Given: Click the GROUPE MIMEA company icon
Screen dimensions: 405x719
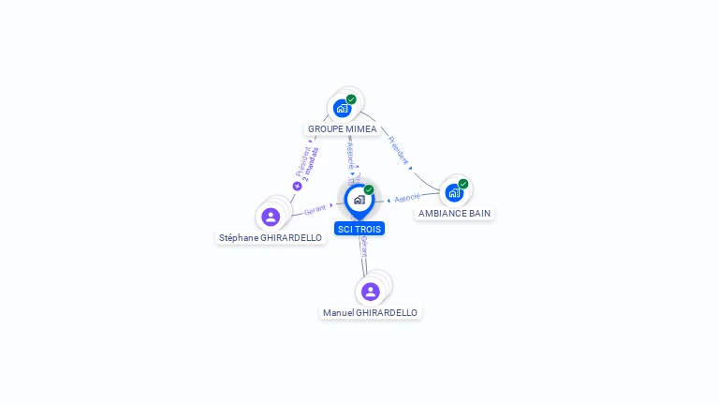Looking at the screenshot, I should tap(343, 108).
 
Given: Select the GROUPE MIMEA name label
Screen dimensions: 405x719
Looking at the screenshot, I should tap(342, 129).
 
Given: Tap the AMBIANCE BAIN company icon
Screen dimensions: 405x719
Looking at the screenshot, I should tap(454, 193).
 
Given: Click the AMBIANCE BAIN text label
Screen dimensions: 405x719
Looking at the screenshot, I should tap(454, 214).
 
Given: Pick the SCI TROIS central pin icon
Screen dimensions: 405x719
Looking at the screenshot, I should tap(359, 200).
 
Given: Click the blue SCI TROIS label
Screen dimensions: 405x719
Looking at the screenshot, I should tap(359, 229).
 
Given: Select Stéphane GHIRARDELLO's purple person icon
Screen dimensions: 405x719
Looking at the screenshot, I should tap(271, 217).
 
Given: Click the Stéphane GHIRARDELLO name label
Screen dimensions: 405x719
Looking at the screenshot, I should tap(271, 238).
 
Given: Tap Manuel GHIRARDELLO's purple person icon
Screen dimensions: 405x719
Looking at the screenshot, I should tap(371, 292).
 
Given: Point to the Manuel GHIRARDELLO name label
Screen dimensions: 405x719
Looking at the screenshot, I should tap(371, 312).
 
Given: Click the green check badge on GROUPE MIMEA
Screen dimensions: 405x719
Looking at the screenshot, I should tap(351, 99).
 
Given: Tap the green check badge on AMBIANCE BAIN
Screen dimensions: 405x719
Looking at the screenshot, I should tap(462, 185).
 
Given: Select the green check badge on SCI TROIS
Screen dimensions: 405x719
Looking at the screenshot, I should tap(369, 190).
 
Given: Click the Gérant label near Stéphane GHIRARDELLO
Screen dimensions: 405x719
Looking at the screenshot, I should tap(315, 210).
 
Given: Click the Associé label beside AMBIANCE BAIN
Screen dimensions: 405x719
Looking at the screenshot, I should tap(407, 199).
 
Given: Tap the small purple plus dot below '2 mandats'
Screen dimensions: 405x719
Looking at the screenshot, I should tap(298, 186).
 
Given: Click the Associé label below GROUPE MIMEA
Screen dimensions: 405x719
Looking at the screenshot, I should tap(350, 152).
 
